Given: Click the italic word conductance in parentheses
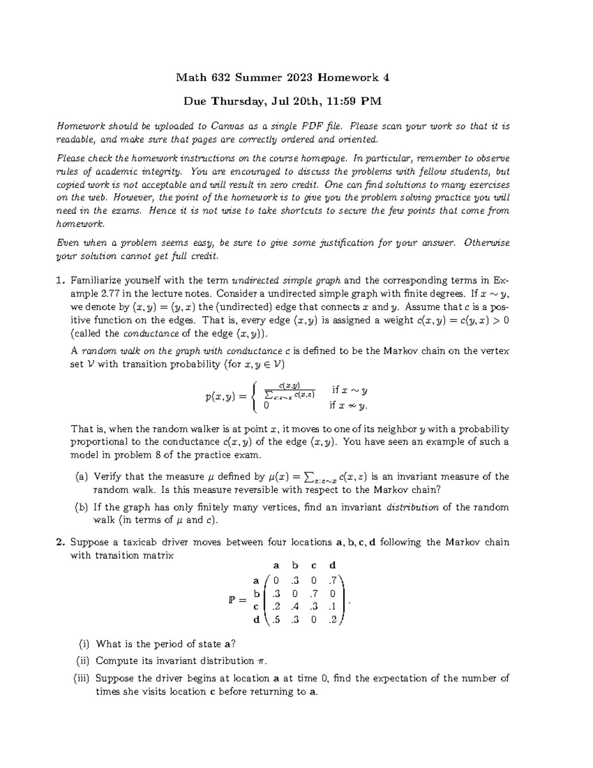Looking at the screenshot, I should pyautogui.click(x=143, y=333).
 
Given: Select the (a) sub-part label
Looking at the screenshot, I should pyautogui.click(x=82, y=477).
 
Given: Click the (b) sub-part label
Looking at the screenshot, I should pyautogui.click(x=82, y=507).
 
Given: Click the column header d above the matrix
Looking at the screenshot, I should pyautogui.click(x=333, y=565).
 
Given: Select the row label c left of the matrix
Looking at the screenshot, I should pyautogui.click(x=256, y=606).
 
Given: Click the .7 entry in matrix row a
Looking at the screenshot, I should pyautogui.click(x=332, y=580).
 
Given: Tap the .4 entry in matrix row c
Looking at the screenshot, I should pyautogui.click(x=295, y=606).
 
